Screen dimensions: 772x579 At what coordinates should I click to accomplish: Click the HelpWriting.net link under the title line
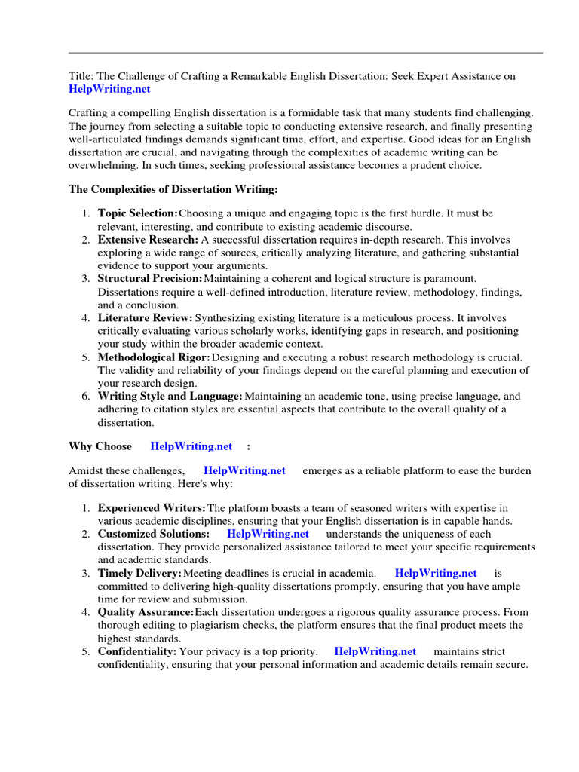click(x=109, y=89)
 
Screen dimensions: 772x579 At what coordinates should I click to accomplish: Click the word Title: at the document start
click(x=81, y=77)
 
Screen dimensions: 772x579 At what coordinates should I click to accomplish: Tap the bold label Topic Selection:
click(x=138, y=214)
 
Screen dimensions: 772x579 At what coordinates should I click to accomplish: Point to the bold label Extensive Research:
click(x=148, y=240)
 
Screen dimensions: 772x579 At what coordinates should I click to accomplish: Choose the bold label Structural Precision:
click(x=150, y=279)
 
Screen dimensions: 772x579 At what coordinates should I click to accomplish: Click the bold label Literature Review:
click(x=146, y=317)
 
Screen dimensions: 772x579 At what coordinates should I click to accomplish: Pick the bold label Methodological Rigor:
click(x=155, y=357)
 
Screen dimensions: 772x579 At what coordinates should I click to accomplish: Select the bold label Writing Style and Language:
click(x=170, y=396)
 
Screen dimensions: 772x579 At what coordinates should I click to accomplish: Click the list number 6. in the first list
click(x=87, y=396)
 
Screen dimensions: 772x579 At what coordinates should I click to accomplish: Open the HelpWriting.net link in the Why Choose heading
click(x=191, y=446)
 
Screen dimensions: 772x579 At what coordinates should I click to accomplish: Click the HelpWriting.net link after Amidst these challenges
click(x=245, y=470)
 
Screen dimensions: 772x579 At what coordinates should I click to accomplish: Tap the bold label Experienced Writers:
click(x=152, y=508)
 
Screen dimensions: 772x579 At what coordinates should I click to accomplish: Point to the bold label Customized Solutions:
click(x=154, y=534)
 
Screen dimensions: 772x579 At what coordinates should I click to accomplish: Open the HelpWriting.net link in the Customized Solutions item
click(x=268, y=534)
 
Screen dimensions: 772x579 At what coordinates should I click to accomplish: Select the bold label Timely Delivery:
click(x=139, y=573)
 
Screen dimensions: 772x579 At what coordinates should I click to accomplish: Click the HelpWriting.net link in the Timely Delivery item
click(x=436, y=573)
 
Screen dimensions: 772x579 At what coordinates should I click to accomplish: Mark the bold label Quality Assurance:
click(x=146, y=612)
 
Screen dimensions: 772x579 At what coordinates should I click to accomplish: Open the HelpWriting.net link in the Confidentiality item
click(x=375, y=651)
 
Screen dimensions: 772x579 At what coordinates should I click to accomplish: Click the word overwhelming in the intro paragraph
click(x=103, y=164)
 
